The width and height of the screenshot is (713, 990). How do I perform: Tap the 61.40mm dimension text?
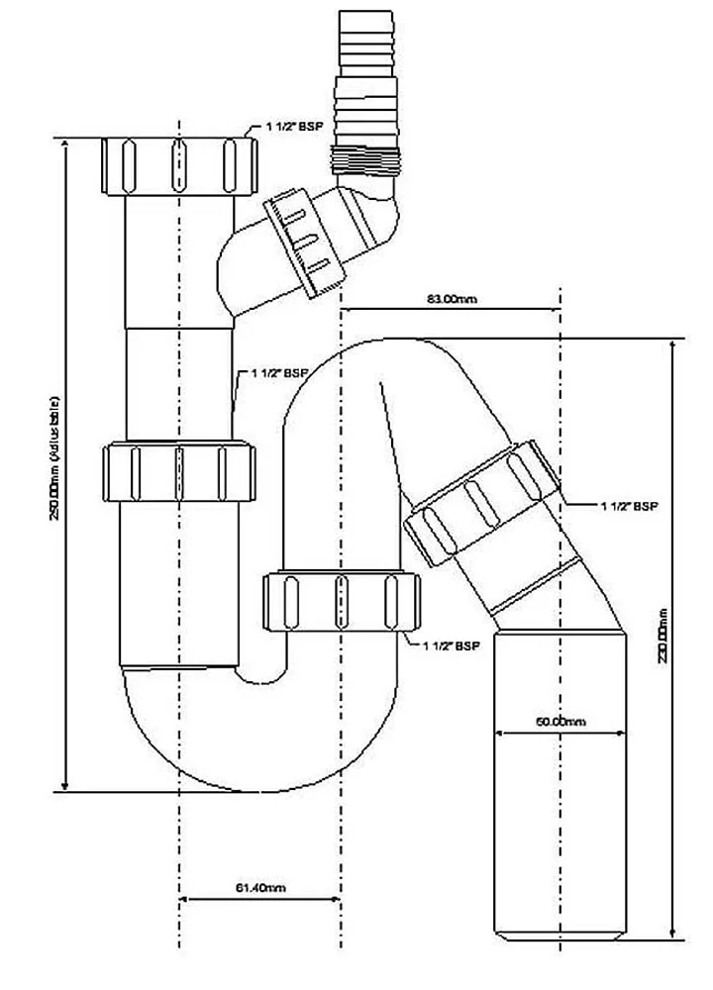[262, 889]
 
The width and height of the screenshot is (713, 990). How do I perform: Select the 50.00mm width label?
[560, 722]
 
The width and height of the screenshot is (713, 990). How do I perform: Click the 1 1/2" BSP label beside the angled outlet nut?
[628, 506]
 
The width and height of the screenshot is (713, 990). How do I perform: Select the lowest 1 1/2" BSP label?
[451, 646]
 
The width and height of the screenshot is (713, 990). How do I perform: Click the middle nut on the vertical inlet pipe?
[179, 473]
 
